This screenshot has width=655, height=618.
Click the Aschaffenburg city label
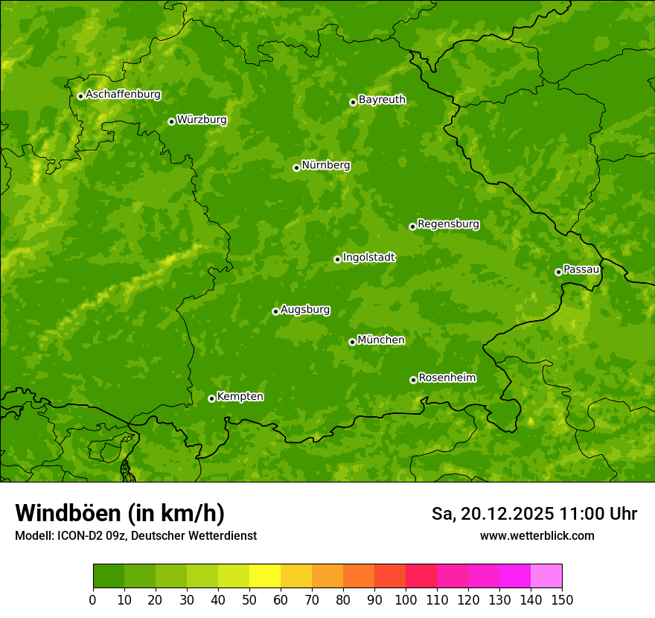tap(123, 95)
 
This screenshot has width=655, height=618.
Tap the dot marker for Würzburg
tap(171, 121)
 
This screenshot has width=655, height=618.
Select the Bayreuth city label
tap(382, 100)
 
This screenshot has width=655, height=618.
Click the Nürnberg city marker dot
tap(296, 168)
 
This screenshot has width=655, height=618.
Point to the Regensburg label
tap(448, 224)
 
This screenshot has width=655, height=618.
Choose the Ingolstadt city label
tap(368, 258)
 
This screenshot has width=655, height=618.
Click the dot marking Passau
tap(558, 272)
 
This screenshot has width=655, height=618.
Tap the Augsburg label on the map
tap(305, 310)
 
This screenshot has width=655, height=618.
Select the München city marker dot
tap(352, 342)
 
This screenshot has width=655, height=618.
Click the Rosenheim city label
tap(447, 378)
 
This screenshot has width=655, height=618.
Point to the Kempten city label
tap(240, 397)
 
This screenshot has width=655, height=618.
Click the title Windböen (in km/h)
tap(119, 513)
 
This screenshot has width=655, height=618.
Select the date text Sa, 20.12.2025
tap(492, 514)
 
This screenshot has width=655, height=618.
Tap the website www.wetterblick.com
tap(537, 535)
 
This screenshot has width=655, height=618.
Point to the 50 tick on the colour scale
tap(249, 599)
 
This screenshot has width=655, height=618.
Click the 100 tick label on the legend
tap(406, 599)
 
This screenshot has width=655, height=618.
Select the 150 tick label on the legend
tap(562, 599)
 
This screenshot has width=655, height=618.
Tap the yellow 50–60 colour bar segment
tap(265, 576)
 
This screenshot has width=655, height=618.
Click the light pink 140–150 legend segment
tap(546, 576)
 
